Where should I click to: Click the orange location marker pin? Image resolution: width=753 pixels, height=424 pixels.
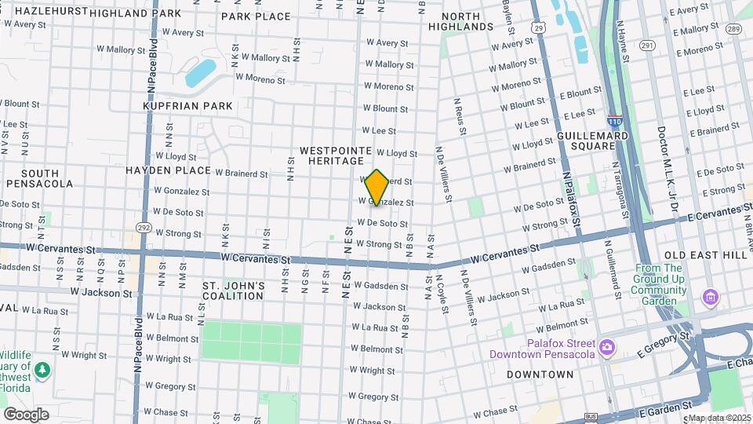coord(377,187)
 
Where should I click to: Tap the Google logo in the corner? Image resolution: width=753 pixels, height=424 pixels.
coord(26,414)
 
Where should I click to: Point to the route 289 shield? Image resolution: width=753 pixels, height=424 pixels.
coord(733,29)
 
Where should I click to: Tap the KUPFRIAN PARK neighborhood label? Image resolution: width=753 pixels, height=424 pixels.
coord(187,105)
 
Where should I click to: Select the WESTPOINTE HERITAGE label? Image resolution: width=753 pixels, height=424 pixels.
coord(331,155)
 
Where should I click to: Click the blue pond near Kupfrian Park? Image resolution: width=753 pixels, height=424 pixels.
coord(201,72)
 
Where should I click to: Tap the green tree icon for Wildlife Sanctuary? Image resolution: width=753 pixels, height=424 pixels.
coord(41,368)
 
